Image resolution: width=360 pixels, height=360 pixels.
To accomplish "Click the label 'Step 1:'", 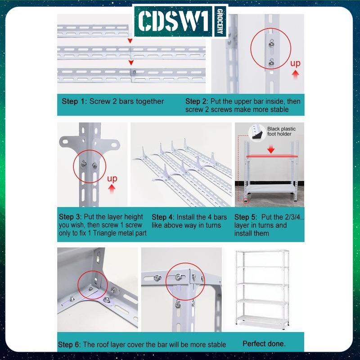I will [x=74, y=101].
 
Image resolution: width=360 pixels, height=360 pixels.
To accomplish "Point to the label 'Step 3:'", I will [x=71, y=216].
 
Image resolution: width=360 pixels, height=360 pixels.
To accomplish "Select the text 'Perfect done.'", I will [x=264, y=344].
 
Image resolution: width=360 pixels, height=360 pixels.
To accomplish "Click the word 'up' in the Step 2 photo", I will [x=295, y=63].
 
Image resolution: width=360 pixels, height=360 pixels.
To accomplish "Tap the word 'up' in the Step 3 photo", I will [x=112, y=179].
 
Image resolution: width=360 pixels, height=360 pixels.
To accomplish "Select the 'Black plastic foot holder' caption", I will [x=282, y=131].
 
